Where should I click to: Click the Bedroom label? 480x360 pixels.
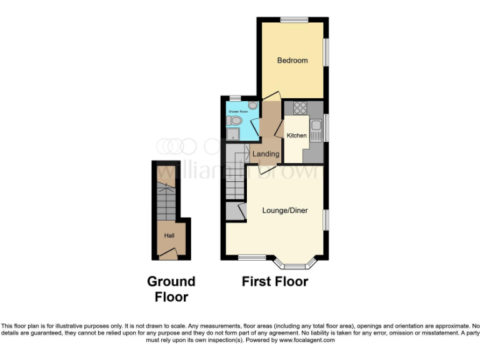292,61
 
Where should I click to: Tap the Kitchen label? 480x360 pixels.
296,136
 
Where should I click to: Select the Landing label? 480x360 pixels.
266,154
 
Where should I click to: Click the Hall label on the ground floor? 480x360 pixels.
169,236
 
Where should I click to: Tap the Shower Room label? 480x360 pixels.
237,111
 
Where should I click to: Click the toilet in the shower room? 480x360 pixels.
236,120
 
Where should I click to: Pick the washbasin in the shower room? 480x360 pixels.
252,106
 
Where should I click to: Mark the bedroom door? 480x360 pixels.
271,96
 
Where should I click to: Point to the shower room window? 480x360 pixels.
235,98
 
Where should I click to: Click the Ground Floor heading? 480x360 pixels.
171,289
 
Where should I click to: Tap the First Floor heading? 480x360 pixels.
275,282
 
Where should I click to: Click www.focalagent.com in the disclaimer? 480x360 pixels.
307,341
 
